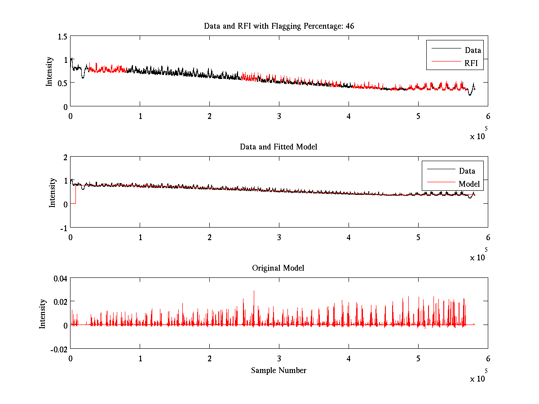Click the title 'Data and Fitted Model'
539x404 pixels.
278,147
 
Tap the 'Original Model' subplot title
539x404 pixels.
278,268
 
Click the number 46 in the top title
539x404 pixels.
349,26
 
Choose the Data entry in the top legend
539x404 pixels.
473,50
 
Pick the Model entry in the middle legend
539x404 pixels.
469,184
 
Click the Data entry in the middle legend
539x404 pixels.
467,171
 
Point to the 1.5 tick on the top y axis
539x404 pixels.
62,36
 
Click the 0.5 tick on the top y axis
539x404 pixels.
62,83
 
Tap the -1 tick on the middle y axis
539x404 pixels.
64,227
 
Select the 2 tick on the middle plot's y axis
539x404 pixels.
65,157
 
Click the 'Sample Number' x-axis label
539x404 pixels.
278,370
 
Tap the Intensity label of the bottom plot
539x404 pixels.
43,313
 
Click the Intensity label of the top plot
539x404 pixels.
50,71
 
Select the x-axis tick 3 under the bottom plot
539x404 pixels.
279,359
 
